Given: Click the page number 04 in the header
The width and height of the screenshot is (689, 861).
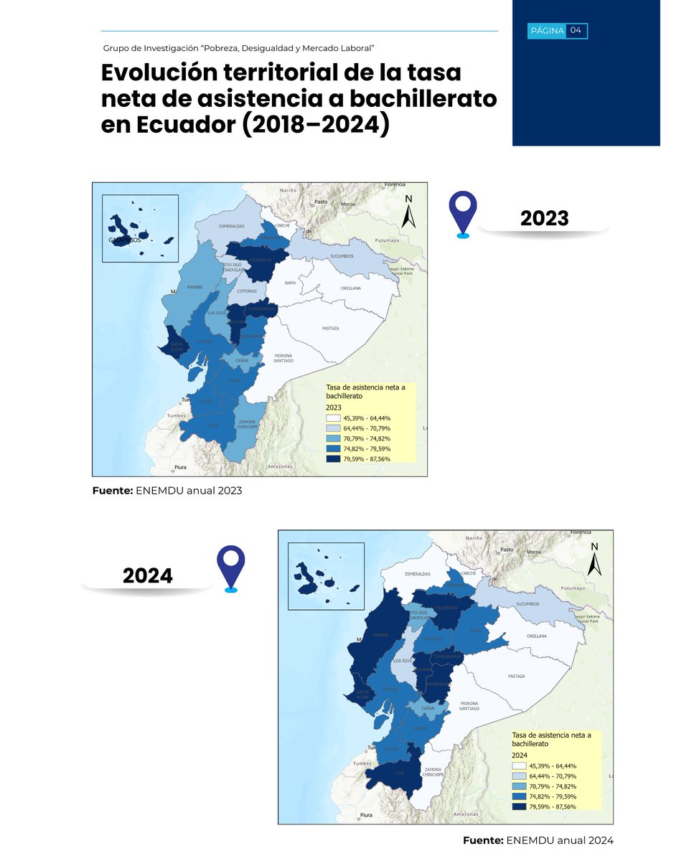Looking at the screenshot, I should (576, 30).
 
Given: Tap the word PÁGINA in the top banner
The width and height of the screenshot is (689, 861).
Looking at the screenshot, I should (547, 30).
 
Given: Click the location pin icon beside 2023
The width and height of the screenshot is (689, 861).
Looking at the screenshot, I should (463, 214).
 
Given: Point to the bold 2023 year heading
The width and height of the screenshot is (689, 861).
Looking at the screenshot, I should (544, 218).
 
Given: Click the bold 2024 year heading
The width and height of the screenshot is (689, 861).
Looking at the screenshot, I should (147, 575).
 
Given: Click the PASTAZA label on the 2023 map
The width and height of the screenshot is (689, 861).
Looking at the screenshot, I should (330, 329).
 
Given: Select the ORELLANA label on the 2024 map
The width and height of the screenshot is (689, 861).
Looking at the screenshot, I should (536, 636).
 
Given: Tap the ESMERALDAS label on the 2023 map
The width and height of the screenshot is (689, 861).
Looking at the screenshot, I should (232, 226).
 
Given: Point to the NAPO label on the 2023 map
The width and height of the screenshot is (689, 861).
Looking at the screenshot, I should (290, 283).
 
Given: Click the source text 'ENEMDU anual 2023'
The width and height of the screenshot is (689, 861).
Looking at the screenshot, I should (189, 491).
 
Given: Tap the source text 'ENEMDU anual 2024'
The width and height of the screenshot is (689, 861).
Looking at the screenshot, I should (560, 840).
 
